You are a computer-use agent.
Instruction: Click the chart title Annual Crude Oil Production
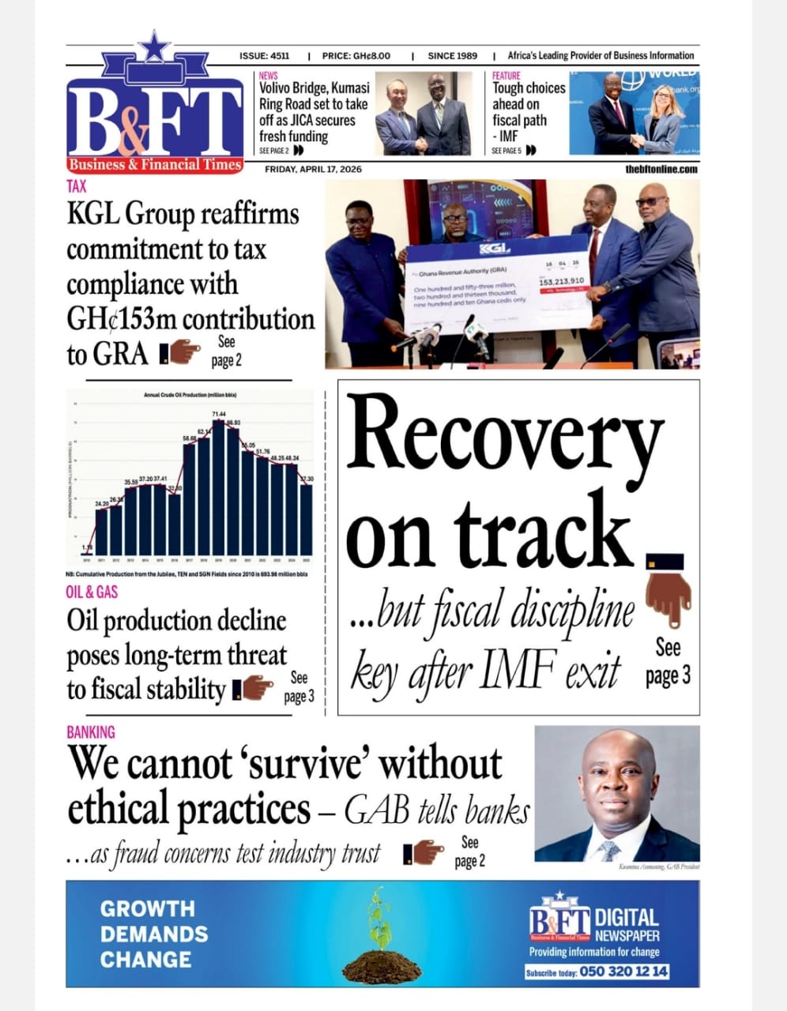(190, 395)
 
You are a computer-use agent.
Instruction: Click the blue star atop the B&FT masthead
(155, 47)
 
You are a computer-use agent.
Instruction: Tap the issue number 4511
(280, 56)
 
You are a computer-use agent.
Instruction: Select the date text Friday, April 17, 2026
(313, 169)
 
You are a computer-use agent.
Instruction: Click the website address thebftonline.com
(661, 169)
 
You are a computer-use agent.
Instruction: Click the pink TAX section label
(77, 186)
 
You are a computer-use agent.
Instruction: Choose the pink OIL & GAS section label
(92, 592)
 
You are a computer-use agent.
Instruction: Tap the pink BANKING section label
(91, 732)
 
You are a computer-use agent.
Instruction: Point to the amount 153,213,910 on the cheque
(562, 281)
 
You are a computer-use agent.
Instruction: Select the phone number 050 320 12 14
(623, 972)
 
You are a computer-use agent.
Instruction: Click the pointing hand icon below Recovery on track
(668, 596)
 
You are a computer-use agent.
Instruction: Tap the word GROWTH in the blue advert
(147, 909)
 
